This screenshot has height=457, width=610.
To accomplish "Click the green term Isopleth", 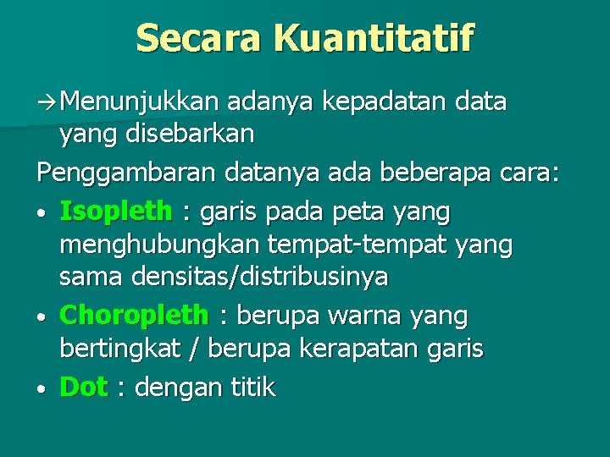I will point(116,212).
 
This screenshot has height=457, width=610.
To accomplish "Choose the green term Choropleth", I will point(134,316).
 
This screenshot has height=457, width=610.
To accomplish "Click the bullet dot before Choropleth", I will point(42,317).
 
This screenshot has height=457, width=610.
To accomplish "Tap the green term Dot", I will point(84,387).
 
